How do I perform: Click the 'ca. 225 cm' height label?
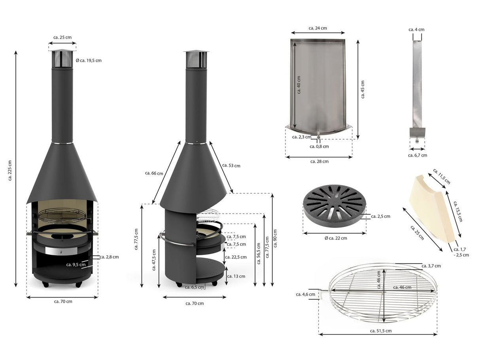[9, 170]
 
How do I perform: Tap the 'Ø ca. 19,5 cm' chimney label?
[89, 60]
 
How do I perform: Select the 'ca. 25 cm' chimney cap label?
[62, 38]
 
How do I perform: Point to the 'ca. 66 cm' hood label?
[154, 173]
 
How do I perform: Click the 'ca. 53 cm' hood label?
[231, 166]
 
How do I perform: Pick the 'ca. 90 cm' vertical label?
[275, 238]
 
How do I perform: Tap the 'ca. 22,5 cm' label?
[236, 257]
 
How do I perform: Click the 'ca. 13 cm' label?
[236, 276]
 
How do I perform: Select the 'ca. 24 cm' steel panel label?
[318, 28]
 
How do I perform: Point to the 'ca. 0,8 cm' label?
[319, 147]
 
